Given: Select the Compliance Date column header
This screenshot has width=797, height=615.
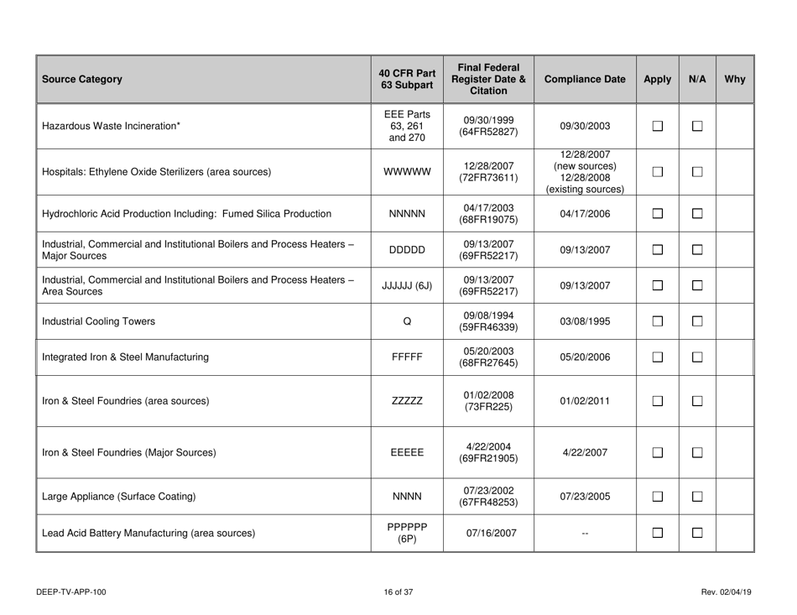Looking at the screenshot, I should click(x=585, y=80).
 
